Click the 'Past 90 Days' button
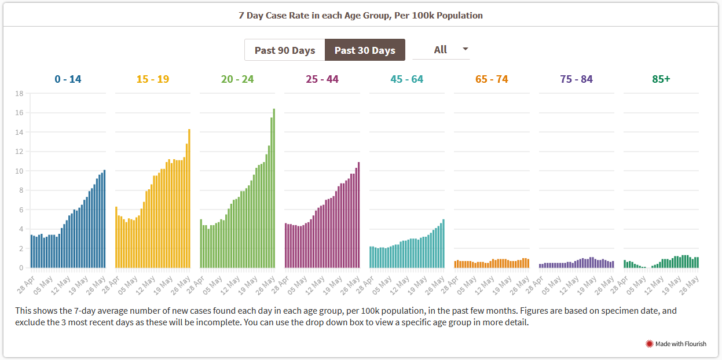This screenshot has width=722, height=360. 284,50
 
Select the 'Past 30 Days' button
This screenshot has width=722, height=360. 365,50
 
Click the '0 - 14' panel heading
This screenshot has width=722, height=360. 68,79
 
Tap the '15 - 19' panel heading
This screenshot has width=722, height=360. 153,79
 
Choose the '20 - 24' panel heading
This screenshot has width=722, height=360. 237,79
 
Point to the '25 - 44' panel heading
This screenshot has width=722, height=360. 322,79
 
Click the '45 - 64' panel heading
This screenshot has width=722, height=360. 407,79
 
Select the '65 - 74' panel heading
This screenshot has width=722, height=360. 492,79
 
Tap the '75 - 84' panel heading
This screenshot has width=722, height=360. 577,79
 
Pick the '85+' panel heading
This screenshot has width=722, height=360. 661,79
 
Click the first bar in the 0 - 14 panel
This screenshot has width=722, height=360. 31,251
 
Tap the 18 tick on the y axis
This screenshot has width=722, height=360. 19,93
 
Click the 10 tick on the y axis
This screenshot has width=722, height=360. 19,171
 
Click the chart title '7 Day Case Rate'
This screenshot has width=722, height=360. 361,16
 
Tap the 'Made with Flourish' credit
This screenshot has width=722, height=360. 676,344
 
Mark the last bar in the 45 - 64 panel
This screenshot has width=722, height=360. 444,244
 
